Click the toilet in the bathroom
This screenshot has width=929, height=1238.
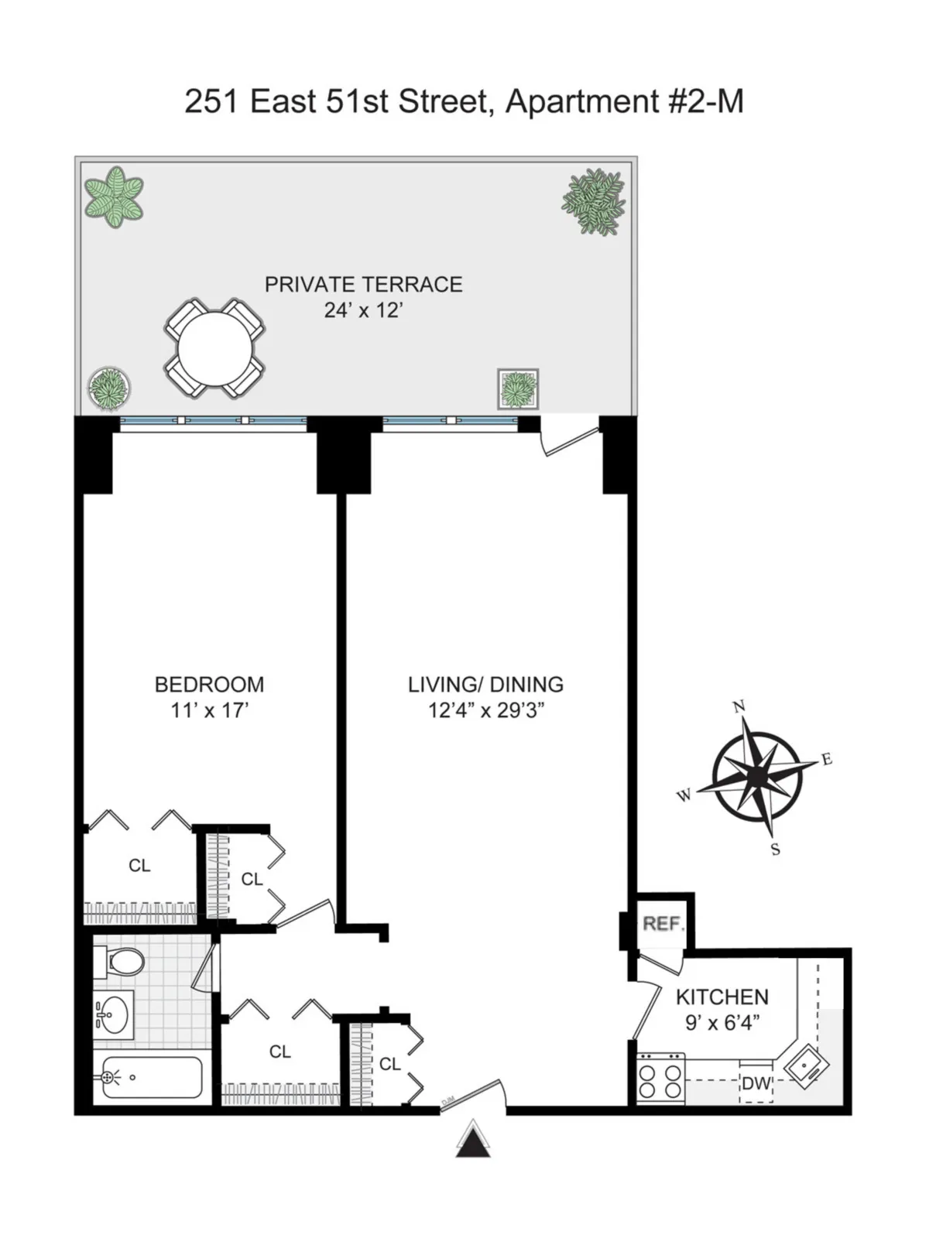pyautogui.click(x=120, y=962)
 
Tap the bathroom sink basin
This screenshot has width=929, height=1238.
pyautogui.click(x=114, y=1014)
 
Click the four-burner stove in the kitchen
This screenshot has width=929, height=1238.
pyautogui.click(x=660, y=1078)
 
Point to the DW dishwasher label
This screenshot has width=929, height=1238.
pyautogui.click(x=756, y=1084)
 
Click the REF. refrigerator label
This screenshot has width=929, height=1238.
pyautogui.click(x=663, y=924)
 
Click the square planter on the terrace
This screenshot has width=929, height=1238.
pyautogui.click(x=518, y=388)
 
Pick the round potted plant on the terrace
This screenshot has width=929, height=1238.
pyautogui.click(x=109, y=388)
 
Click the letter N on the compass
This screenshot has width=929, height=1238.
pyautogui.click(x=739, y=706)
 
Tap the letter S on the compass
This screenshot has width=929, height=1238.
pyautogui.click(x=775, y=849)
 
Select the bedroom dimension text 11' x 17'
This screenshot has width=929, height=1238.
pyautogui.click(x=209, y=710)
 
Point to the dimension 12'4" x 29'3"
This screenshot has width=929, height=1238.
pyautogui.click(x=486, y=710)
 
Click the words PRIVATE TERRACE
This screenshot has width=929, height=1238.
pyautogui.click(x=363, y=285)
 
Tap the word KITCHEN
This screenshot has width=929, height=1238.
pyautogui.click(x=722, y=997)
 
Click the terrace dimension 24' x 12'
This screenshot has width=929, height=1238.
pyautogui.click(x=363, y=311)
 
